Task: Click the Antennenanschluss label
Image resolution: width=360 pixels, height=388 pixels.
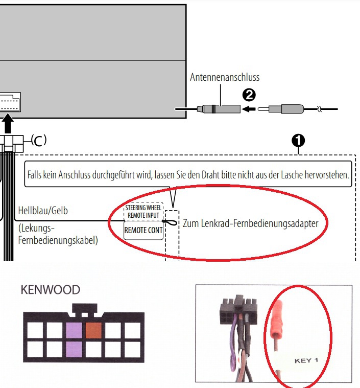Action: (x=225, y=78)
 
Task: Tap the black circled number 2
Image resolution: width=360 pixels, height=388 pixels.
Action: (x=249, y=95)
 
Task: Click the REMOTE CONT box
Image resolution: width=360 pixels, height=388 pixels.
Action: (x=143, y=230)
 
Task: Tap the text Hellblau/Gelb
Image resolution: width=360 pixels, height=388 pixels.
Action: (x=43, y=210)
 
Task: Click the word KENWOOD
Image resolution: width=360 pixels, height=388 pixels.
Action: (x=50, y=290)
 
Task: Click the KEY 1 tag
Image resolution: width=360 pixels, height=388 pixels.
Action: (x=306, y=360)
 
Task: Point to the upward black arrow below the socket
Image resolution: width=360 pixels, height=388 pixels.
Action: (x=9, y=124)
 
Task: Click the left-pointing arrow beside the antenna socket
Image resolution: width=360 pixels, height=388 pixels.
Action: (x=249, y=108)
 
